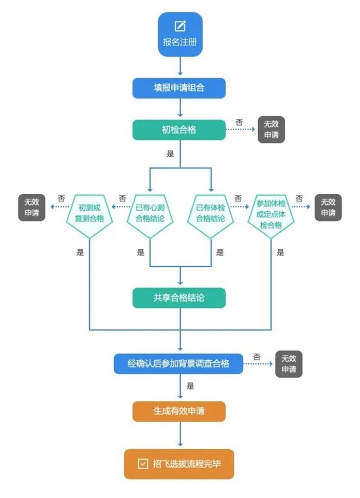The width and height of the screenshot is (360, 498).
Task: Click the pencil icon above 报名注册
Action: coord(180,26)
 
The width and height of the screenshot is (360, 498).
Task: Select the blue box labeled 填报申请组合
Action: coord(179,88)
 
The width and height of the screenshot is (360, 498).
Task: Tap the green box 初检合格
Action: coord(179,130)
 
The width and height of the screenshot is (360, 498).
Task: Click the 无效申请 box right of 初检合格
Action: coord(271,130)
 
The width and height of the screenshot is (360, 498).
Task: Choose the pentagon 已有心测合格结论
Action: coord(150,213)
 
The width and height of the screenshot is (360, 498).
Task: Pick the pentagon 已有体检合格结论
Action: coord(211,213)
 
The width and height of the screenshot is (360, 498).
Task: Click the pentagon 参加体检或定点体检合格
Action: coord(271,213)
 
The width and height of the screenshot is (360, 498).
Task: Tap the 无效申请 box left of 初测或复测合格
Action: coord(32,207)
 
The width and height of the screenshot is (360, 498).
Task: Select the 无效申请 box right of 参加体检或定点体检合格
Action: coord(328,207)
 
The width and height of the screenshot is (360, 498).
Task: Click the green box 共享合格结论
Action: coord(179,298)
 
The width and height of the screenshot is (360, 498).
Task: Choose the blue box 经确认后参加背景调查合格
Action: coord(178,363)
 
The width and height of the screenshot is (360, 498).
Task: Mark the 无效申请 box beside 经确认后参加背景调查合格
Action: coord(289,363)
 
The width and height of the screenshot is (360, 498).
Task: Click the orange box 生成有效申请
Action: coord(179,411)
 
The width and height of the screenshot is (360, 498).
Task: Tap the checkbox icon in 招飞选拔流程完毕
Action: coord(142,464)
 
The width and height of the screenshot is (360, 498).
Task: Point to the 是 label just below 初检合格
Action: coord(171,154)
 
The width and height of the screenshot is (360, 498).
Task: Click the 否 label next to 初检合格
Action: coord(239,122)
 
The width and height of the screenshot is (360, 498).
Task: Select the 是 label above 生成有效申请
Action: coord(190,386)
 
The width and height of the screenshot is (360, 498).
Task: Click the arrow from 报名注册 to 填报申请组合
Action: coord(181,66)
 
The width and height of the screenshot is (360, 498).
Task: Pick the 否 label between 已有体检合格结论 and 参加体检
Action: coord(238,198)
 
